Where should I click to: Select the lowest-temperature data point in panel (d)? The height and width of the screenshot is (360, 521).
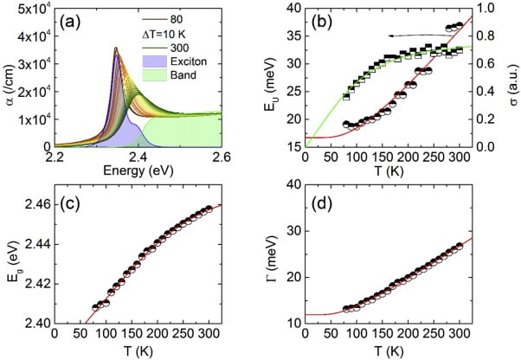click(346, 308)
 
